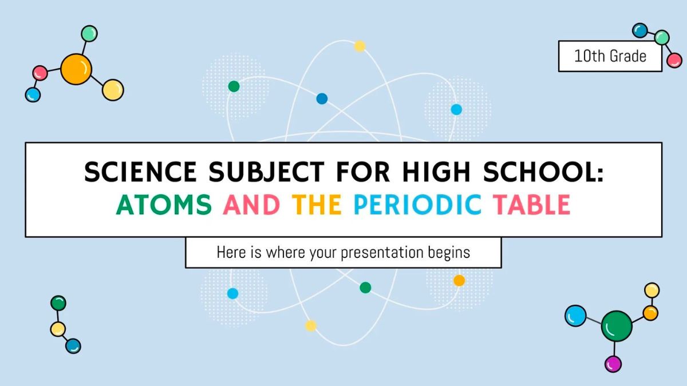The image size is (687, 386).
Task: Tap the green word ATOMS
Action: tap(164, 205)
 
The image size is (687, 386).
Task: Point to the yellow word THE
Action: tap(317, 205)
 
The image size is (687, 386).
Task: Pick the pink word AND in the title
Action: tap(252, 205)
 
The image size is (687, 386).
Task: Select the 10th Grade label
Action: tap(610, 56)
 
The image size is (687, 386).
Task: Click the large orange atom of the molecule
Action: tap(76, 69)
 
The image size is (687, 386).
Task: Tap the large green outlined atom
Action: tap(617, 327)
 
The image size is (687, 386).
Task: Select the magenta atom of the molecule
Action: tap(613, 363)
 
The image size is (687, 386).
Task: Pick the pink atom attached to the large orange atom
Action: tap(40, 73)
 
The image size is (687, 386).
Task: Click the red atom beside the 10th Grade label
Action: tap(674, 60)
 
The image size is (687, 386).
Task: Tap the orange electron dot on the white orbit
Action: tap(459, 280)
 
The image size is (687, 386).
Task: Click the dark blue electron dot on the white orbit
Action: tap(322, 98)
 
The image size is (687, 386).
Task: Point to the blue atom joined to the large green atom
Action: tap(575, 315)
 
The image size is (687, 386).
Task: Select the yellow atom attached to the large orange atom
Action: tap(113, 90)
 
